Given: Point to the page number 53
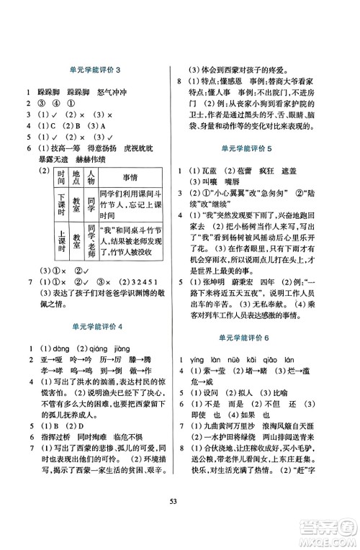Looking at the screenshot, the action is (180, 521).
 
